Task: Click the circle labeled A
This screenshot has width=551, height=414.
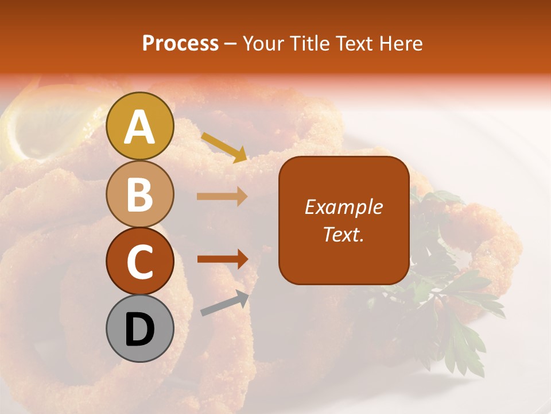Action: click(x=139, y=126)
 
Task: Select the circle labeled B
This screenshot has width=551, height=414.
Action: click(x=139, y=194)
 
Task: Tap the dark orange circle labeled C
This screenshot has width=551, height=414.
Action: click(x=139, y=261)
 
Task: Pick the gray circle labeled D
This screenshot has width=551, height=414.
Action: click(x=139, y=328)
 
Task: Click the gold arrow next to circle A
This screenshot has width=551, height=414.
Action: click(x=224, y=147)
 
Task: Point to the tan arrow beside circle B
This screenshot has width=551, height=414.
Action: click(x=222, y=197)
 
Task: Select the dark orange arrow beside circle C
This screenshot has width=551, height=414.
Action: click(x=223, y=259)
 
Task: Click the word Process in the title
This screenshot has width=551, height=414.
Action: click(x=180, y=44)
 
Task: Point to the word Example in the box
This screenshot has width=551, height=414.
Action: click(x=343, y=208)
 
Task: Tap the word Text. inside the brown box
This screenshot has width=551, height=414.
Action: click(x=343, y=235)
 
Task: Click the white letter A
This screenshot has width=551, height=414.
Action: click(x=139, y=127)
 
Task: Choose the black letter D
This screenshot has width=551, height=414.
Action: click(x=139, y=329)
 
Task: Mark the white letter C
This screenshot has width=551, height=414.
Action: click(x=139, y=262)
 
